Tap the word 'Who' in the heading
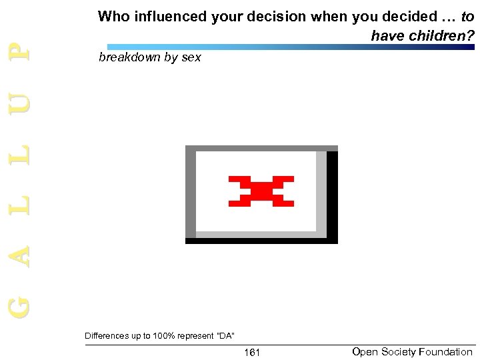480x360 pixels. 113,17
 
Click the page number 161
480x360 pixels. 251,352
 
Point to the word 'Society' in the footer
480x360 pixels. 397,352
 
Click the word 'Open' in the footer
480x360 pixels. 364,352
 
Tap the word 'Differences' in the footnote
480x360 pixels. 107,335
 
